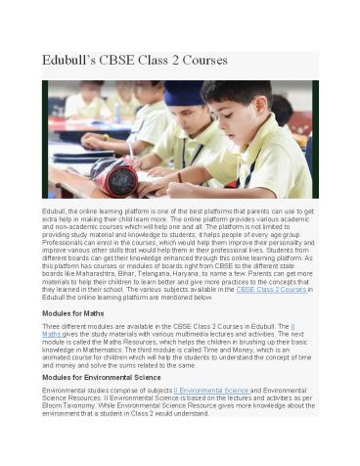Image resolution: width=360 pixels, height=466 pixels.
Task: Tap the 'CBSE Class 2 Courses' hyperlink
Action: [272, 290]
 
